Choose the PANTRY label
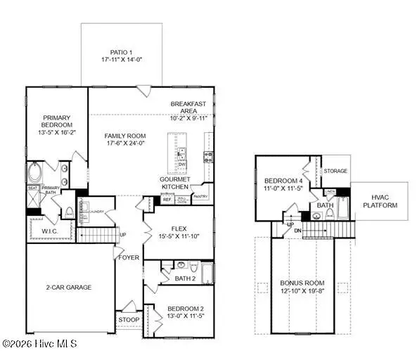coord(200,198)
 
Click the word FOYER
coord(129,258)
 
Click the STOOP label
coord(129,321)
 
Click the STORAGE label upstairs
coord(335,171)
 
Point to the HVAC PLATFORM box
coord(385,201)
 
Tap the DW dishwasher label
coord(181,164)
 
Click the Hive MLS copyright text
coord(39,345)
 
